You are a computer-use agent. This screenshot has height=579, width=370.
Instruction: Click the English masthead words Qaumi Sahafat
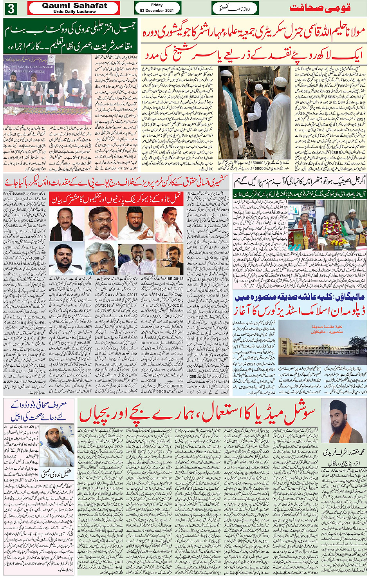pyautogui.click(x=74, y=6)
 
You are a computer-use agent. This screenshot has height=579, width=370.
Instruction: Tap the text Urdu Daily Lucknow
pyautogui.click(x=74, y=12)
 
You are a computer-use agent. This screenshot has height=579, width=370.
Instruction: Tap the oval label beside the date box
pyautogui.click(x=235, y=8)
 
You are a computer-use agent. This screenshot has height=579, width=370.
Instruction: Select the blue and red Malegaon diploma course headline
pyautogui.click(x=300, y=304)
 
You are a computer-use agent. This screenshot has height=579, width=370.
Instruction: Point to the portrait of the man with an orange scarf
pyautogui.click(x=343, y=422)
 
